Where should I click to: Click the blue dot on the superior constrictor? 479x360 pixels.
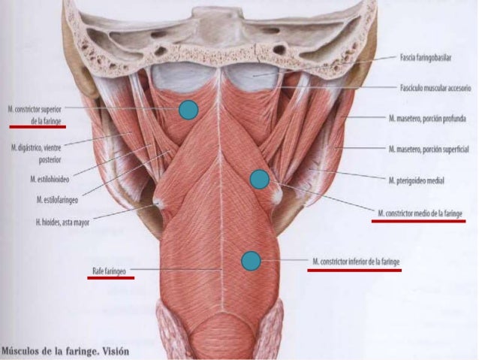pos(188,110)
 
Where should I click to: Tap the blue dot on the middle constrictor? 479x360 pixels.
pos(259,179)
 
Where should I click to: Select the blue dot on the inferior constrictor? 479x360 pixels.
pos(251,261)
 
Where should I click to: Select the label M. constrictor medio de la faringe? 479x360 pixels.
pos(421,213)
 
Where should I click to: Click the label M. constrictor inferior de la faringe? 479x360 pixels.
pos(356,261)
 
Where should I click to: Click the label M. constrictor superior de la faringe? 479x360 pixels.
pos(39,113)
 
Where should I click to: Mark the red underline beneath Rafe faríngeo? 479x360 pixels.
pos(110,277)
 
